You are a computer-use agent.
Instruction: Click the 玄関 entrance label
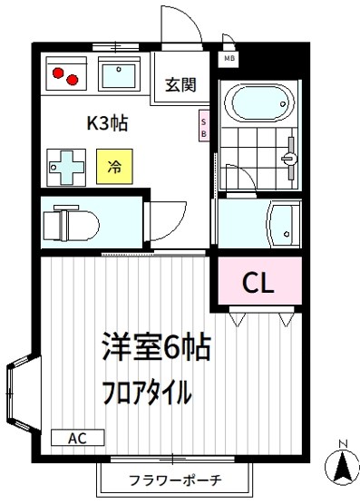click(x=179, y=85)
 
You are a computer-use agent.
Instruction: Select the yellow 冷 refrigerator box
click(x=113, y=168)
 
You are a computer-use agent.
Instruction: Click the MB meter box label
click(x=229, y=61)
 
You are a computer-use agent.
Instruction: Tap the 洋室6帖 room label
click(x=155, y=348)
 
